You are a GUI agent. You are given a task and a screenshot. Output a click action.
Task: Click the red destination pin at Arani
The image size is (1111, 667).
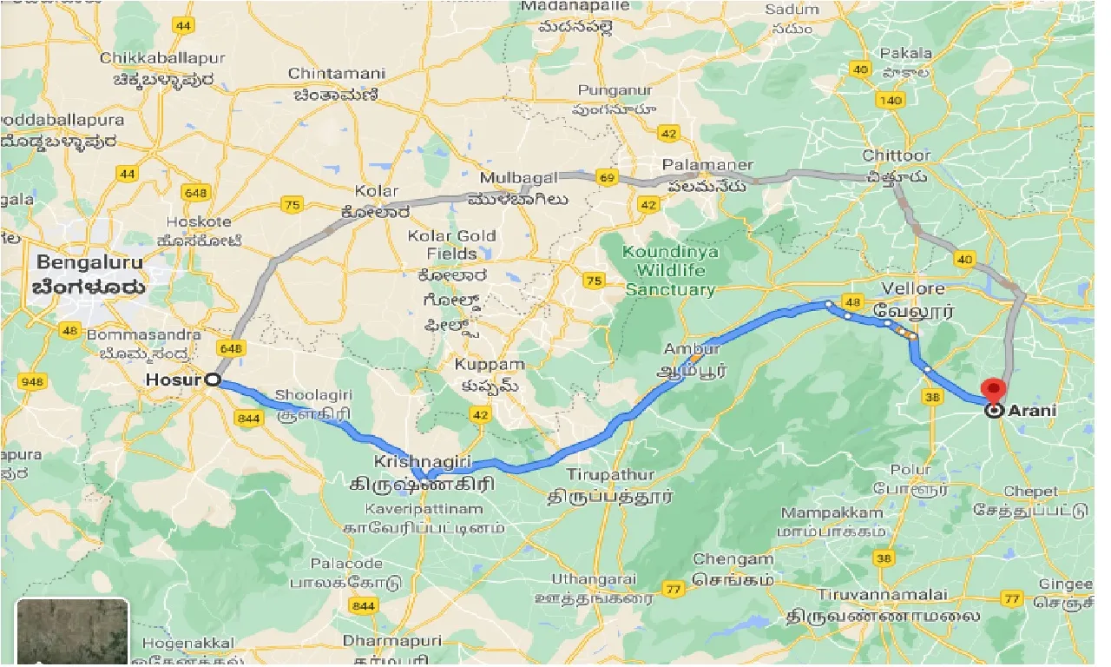tap(991, 390)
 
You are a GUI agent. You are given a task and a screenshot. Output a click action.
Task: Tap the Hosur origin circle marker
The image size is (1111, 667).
tap(211, 380)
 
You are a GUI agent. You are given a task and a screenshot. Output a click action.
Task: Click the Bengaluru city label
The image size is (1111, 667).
tap(90, 262)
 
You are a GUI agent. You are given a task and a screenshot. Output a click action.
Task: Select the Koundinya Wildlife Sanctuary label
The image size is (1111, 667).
tap(670, 271)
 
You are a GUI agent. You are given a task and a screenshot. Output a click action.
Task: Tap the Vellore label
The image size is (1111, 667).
tap(912, 287)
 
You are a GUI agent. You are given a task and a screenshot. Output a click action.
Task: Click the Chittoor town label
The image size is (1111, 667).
tap(897, 155)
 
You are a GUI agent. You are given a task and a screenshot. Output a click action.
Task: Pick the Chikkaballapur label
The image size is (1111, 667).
tap(157, 58)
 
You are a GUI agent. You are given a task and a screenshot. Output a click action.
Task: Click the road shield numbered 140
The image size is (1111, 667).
tap(891, 101)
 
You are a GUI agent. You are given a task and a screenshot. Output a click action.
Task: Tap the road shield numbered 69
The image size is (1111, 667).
tap(607, 178)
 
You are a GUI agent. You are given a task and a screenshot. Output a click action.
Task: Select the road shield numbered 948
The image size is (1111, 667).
tap(33, 380)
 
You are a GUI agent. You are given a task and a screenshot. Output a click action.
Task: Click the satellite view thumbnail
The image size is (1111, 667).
tap(72, 632)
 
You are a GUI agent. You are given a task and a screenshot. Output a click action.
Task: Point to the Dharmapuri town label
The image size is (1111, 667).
tap(391, 641)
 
